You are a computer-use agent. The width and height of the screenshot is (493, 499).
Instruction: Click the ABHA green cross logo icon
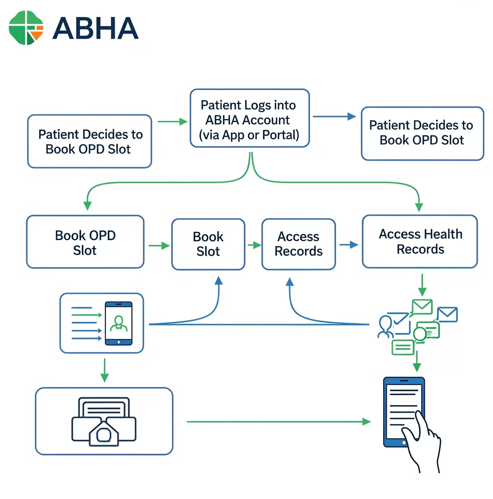[26, 28]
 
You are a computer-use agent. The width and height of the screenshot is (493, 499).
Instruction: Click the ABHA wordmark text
[95, 28]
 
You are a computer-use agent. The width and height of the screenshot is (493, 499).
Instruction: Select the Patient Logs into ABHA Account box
[250, 118]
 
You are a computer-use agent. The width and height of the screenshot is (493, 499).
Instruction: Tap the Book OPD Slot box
[85, 242]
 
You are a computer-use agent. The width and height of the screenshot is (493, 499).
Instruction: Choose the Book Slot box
[208, 244]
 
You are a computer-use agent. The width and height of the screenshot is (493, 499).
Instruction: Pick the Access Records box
[299, 244]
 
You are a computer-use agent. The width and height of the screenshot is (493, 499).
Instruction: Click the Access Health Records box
[420, 241]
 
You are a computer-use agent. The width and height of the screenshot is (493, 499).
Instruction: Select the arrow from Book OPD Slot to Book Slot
[159, 245]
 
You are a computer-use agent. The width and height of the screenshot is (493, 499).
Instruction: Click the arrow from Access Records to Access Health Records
[349, 245]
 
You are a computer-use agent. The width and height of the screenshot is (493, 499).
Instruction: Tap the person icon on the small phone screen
[119, 323]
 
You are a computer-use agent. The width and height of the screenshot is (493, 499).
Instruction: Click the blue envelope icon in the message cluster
[448, 314]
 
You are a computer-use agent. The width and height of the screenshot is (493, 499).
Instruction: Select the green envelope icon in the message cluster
[422, 307]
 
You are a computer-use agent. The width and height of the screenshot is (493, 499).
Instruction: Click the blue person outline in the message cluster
[385, 327]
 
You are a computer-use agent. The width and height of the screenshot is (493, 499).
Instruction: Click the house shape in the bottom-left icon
[104, 434]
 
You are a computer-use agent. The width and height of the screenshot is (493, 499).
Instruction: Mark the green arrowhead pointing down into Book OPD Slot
[87, 206]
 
